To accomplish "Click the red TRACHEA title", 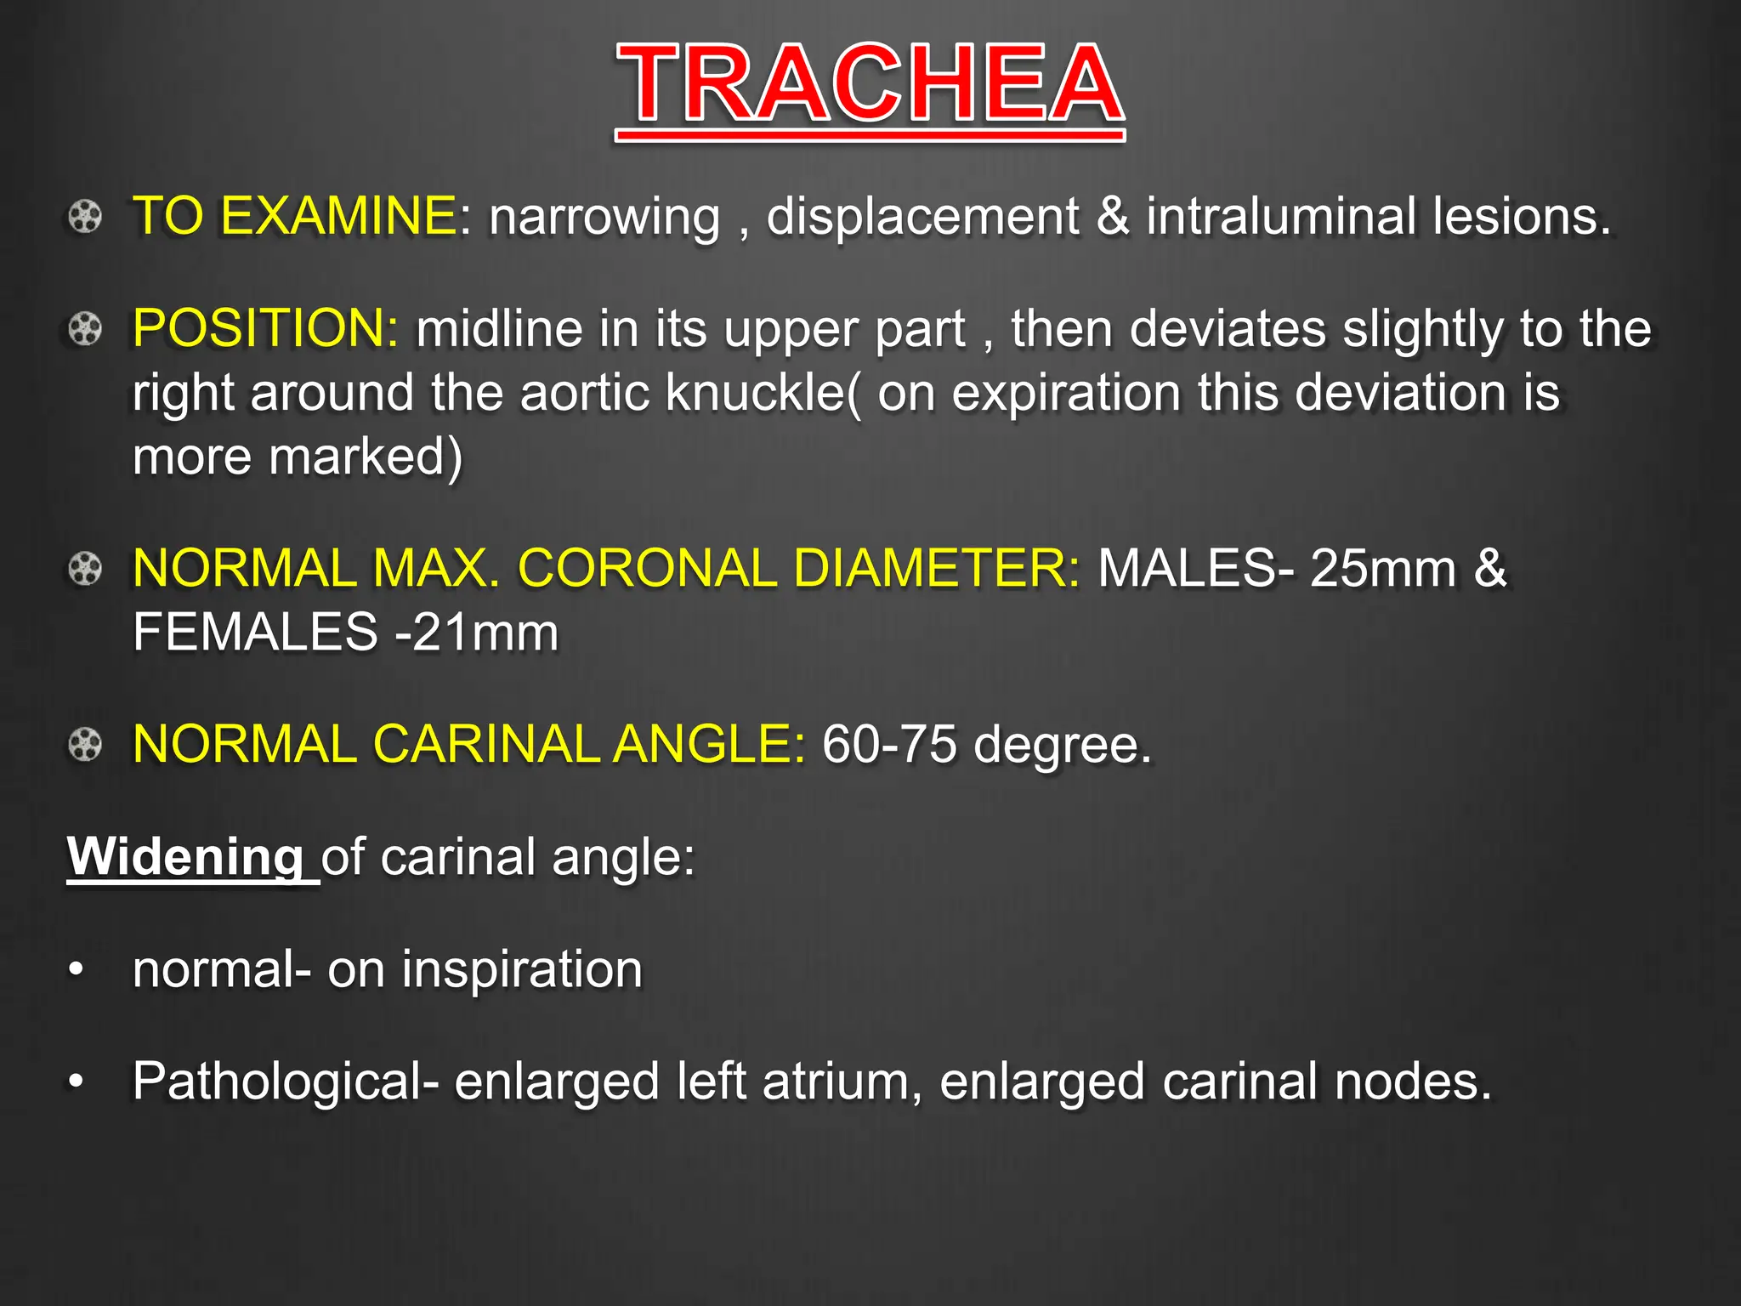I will (870, 85).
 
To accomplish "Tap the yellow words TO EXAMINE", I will (295, 216).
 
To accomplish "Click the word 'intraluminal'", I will (1280, 216).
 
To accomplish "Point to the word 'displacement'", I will (922, 218).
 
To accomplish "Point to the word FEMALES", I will (255, 633).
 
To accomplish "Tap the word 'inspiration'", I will (522, 969).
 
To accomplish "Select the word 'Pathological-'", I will (286, 1082).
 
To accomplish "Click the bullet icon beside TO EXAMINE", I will (85, 216).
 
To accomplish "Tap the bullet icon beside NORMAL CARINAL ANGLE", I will (85, 745).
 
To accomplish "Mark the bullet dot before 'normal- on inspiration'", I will (77, 969).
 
